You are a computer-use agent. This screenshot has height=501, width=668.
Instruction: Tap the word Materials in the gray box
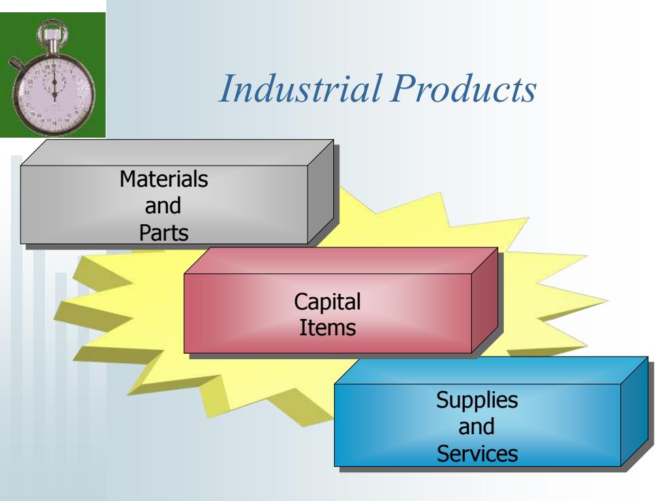point(164,179)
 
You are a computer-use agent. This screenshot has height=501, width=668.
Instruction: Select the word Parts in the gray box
point(164,233)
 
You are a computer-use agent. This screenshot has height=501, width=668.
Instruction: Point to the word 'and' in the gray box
point(163,206)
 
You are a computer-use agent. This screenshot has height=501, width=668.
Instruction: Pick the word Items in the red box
point(327,328)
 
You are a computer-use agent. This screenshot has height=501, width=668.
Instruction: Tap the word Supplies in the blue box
point(476,401)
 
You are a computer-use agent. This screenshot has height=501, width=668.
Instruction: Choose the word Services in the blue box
point(477,453)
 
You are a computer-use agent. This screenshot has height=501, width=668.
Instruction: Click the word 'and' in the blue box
point(476,427)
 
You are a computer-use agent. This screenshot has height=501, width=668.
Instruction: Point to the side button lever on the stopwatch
point(17,63)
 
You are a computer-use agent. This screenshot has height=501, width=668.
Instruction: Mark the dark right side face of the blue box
point(635,412)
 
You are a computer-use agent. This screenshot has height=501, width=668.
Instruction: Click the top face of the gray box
point(177,153)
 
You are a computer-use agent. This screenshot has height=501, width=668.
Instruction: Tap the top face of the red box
point(341,260)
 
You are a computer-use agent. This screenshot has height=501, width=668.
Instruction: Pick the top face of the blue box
point(491,371)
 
